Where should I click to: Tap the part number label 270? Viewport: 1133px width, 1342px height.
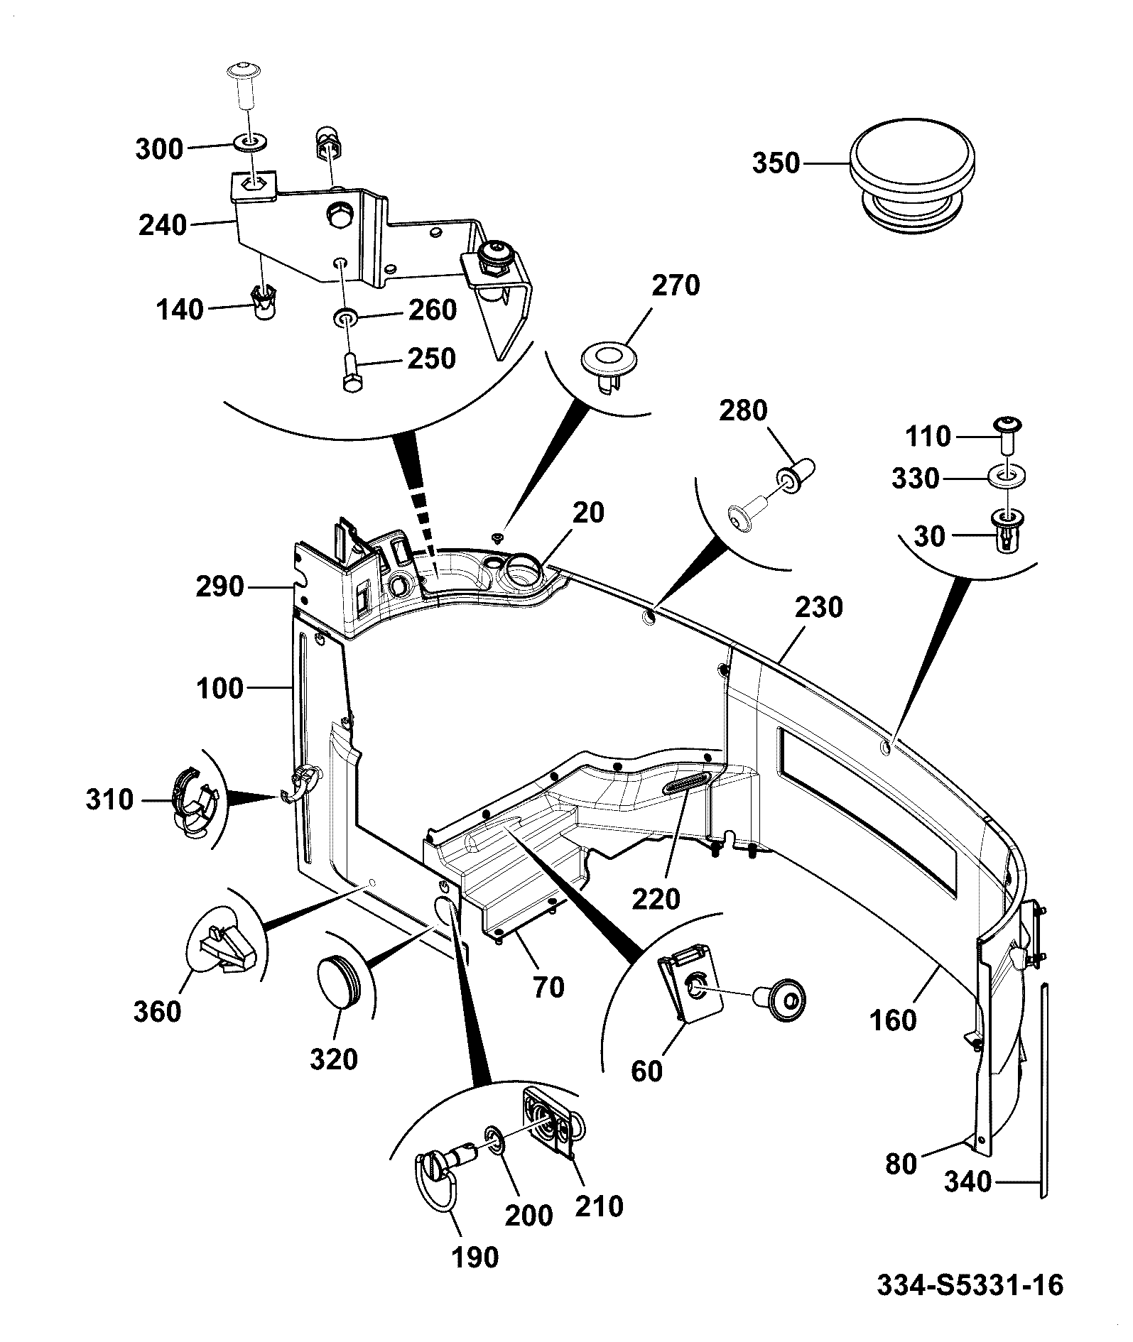676,285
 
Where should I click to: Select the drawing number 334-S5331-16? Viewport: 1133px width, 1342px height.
970,1285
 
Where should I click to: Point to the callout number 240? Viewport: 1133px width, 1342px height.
163,225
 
